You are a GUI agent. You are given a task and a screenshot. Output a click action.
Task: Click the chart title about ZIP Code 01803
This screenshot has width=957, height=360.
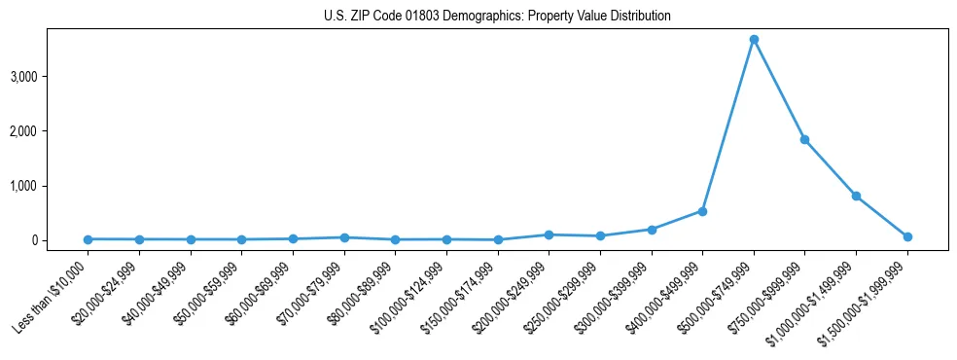click(497, 17)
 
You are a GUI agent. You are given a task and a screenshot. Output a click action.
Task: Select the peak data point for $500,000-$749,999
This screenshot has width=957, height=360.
click(754, 40)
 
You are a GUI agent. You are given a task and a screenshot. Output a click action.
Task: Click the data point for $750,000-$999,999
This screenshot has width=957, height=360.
click(804, 139)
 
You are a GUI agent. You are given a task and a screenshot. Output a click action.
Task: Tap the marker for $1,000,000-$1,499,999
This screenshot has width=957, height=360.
click(856, 196)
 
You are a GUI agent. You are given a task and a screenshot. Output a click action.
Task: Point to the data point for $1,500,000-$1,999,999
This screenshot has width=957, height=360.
click(907, 236)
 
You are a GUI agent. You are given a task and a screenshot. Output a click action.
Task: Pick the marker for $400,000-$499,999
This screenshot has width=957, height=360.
click(702, 211)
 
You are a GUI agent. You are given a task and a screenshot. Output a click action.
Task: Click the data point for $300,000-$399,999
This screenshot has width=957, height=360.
click(652, 230)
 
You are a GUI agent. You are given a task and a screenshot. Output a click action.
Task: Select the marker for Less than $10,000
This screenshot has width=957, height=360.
click(88, 239)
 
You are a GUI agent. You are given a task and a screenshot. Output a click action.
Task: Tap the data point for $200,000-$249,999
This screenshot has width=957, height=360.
click(549, 234)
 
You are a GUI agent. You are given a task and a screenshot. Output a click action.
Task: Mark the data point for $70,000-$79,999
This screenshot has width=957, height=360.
click(344, 237)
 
